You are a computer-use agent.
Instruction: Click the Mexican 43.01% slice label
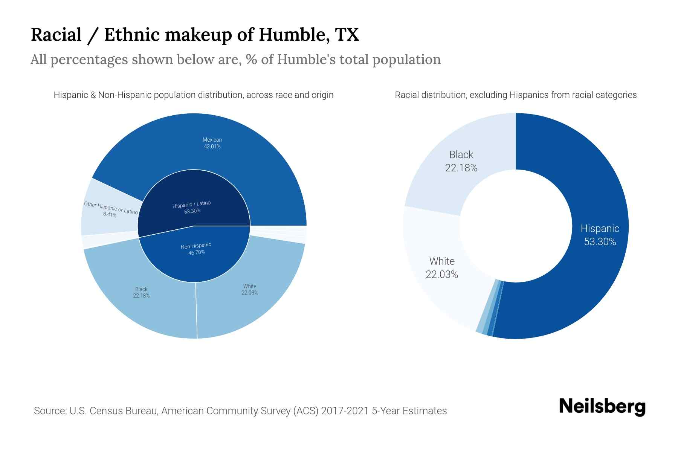pos(212,143)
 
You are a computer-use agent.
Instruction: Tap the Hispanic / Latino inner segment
pos(192,207)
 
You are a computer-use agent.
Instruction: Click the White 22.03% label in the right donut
pos(442,268)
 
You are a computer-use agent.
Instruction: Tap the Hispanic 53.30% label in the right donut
pos(600,235)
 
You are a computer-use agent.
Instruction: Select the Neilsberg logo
pos(602,407)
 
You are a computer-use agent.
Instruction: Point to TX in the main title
pos(347,35)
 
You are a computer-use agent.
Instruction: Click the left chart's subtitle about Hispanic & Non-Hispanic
pos(194,95)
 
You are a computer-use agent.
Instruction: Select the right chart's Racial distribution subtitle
pos(516,95)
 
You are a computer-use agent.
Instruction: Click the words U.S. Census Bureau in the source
pos(113,411)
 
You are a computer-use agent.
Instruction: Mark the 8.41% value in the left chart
pos(110,215)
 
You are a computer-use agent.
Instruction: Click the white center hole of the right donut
pos(516,226)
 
